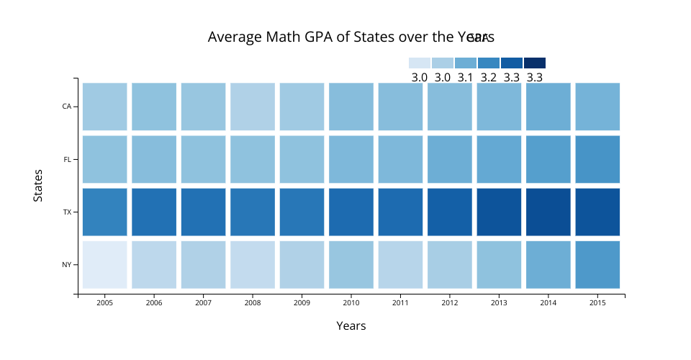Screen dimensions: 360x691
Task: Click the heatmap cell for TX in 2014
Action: coord(548,212)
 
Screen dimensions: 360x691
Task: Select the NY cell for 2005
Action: coord(105,264)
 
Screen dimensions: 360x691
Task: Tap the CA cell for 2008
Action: coord(253,107)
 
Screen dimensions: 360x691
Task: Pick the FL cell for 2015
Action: coord(597,159)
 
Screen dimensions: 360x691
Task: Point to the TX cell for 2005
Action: coord(105,212)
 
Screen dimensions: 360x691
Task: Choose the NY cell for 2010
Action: coord(351,264)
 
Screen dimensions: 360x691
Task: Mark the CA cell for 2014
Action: coord(548,107)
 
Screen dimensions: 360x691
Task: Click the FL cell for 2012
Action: coord(450,159)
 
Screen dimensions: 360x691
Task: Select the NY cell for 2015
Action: coord(597,264)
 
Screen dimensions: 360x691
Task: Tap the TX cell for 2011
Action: coord(400,212)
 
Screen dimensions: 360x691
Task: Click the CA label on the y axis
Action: coord(67,107)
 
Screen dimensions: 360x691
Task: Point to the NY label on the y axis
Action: coord(66,265)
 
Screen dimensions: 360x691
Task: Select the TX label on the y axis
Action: coord(67,212)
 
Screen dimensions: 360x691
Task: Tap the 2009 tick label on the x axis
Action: coord(302,303)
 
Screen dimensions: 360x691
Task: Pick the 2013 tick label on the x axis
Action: coord(499,303)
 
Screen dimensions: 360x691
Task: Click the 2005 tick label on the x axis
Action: coord(105,303)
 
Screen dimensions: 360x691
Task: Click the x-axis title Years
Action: coord(351,326)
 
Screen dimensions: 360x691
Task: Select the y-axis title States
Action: coord(38,185)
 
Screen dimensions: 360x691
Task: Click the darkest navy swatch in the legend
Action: coord(535,63)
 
